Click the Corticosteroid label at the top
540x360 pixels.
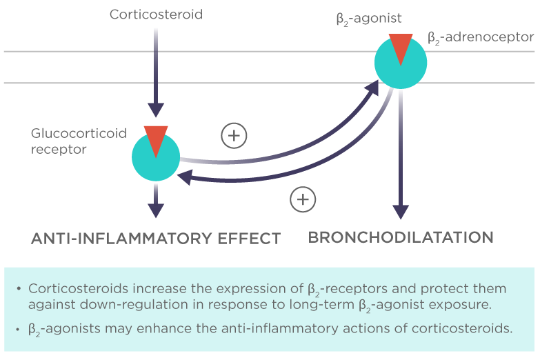[156, 14]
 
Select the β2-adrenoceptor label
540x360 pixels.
[481, 37]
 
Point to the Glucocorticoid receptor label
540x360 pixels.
[79, 141]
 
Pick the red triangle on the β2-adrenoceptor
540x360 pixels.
[401, 46]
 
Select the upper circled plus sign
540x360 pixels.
[234, 136]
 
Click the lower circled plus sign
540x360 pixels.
[302, 199]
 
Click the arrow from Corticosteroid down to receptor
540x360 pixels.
[156, 69]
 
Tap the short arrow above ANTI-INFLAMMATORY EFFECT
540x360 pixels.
[157, 201]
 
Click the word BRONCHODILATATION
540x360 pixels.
[401, 237]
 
